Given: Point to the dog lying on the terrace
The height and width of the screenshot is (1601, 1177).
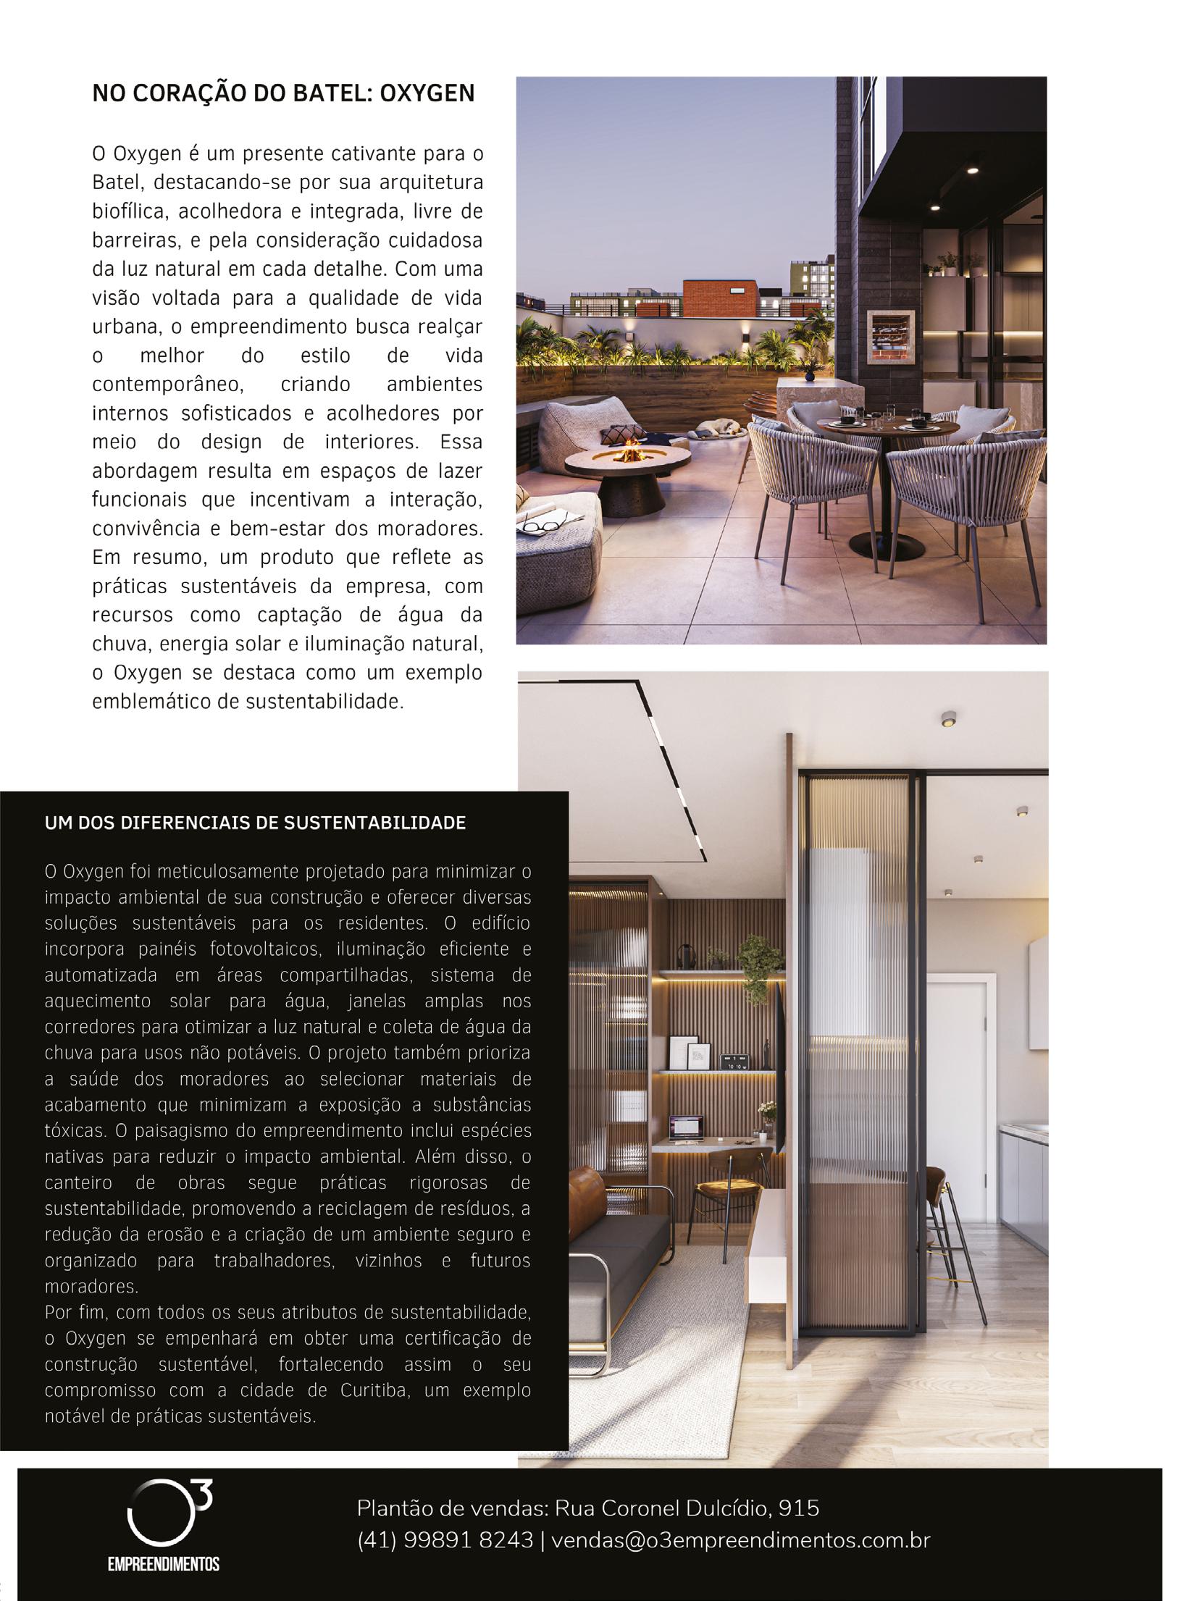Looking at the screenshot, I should pos(718,429).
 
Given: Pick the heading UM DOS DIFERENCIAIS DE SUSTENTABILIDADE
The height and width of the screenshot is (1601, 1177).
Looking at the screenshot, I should pos(255,823).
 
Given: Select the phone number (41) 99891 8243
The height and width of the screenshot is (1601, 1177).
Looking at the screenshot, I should pos(445,1539).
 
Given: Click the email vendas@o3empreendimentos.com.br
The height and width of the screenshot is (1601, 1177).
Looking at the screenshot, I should pos(740,1539).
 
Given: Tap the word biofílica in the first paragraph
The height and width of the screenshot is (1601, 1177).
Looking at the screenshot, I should pos(130,211).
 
